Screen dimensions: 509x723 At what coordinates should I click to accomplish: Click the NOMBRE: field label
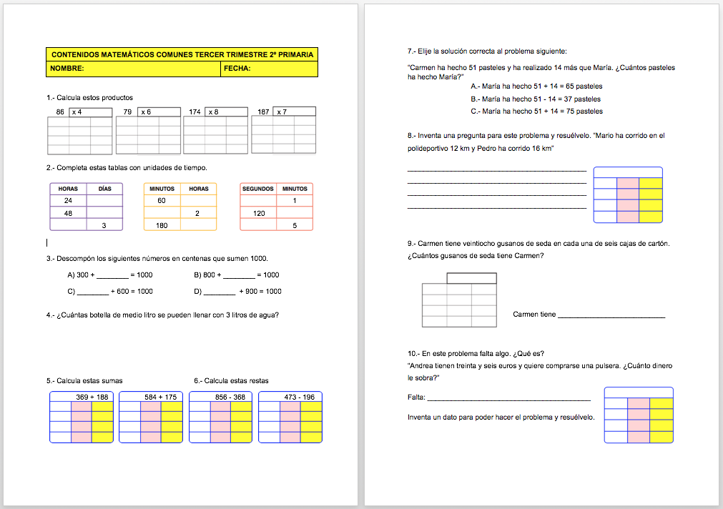click(x=67, y=69)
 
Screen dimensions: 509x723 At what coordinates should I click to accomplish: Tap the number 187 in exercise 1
click(x=263, y=112)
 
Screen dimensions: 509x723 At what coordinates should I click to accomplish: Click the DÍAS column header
click(x=104, y=189)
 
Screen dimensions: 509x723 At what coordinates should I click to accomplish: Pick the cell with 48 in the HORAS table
click(x=68, y=213)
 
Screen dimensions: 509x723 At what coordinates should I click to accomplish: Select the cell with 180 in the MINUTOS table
click(x=162, y=226)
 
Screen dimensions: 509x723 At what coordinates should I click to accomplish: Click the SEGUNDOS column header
click(x=257, y=189)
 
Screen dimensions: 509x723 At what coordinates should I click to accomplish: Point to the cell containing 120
click(x=258, y=213)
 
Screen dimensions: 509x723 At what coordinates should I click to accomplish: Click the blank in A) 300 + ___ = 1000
click(x=111, y=276)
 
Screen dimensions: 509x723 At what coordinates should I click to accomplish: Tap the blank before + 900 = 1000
click(x=219, y=292)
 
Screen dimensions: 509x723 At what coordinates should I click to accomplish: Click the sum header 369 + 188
click(x=92, y=397)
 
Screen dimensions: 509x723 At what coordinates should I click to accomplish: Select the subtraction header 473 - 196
click(x=299, y=397)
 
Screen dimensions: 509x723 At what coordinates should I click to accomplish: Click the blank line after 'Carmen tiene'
click(x=611, y=316)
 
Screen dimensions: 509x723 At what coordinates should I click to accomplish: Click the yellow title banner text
click(x=182, y=54)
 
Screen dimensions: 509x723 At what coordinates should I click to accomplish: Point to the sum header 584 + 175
click(x=160, y=397)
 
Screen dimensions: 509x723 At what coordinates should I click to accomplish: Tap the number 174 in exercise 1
click(x=195, y=112)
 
